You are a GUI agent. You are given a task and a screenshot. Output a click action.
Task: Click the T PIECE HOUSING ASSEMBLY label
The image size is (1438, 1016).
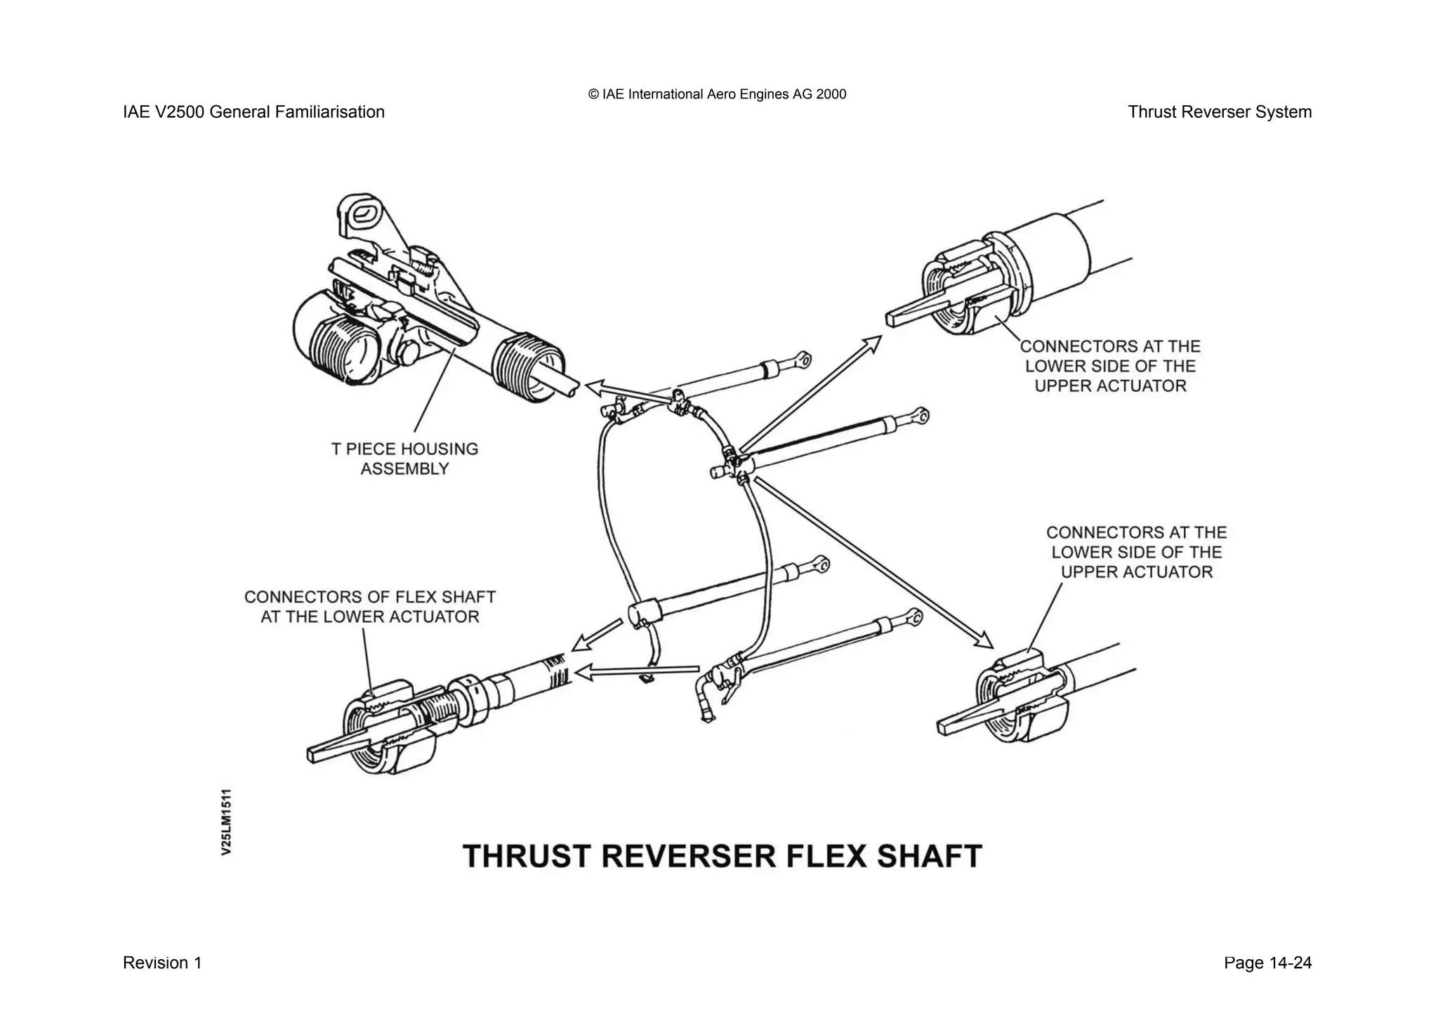tap(404, 458)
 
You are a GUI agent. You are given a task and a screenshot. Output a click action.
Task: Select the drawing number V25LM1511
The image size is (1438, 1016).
tap(226, 822)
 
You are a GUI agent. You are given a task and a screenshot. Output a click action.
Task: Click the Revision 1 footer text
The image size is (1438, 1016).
tap(162, 963)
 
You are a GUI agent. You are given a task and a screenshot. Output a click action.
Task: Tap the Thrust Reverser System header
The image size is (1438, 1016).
tap(1219, 112)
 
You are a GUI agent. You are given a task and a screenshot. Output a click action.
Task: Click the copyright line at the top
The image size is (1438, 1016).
tap(717, 94)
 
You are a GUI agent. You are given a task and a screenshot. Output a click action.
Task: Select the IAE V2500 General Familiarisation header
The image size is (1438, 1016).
tap(253, 112)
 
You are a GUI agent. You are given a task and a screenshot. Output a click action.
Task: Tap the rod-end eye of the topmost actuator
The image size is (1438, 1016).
tap(804, 361)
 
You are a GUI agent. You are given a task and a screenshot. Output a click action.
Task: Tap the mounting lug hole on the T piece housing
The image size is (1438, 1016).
tap(364, 213)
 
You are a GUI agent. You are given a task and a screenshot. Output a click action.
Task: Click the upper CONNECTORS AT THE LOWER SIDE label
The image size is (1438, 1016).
tap(1110, 366)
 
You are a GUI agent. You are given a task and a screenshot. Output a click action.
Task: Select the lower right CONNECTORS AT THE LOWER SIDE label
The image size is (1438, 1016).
tap(1136, 552)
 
